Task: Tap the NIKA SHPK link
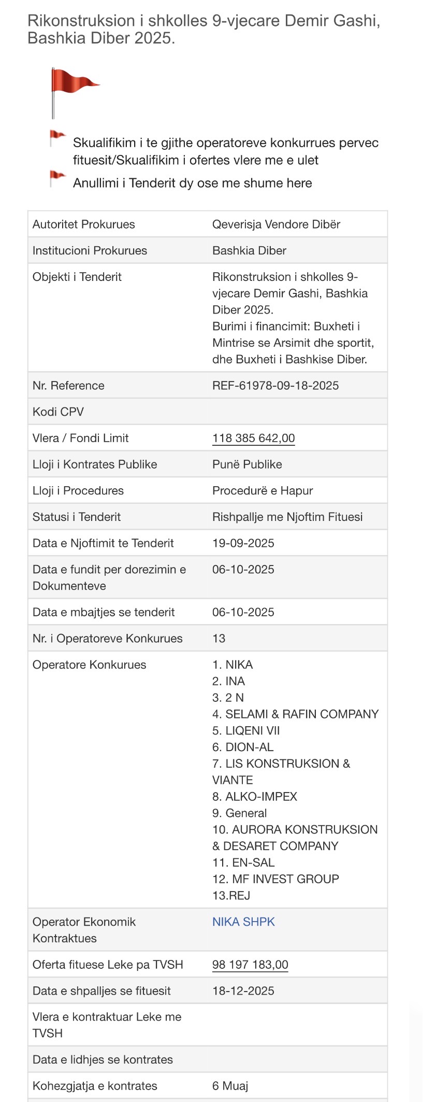click(x=243, y=922)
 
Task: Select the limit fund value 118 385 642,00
click(x=253, y=438)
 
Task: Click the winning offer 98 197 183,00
click(x=250, y=965)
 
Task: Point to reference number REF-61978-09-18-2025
click(x=275, y=386)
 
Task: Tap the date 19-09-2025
click(x=243, y=543)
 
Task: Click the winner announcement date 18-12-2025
click(x=243, y=991)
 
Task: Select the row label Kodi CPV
click(x=58, y=412)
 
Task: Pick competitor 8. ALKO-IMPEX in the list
click(x=255, y=797)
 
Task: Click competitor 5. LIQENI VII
click(x=246, y=731)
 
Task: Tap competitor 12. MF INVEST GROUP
click(x=275, y=879)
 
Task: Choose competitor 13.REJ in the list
click(x=231, y=896)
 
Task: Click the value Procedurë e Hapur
click(x=263, y=491)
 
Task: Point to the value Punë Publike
click(x=247, y=464)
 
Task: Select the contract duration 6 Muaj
click(x=230, y=1086)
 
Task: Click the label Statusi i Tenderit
click(x=77, y=517)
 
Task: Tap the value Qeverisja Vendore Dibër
click(x=277, y=224)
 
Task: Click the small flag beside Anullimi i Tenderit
click(x=57, y=178)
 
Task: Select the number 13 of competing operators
click(x=219, y=639)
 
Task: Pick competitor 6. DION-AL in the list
click(x=243, y=747)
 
